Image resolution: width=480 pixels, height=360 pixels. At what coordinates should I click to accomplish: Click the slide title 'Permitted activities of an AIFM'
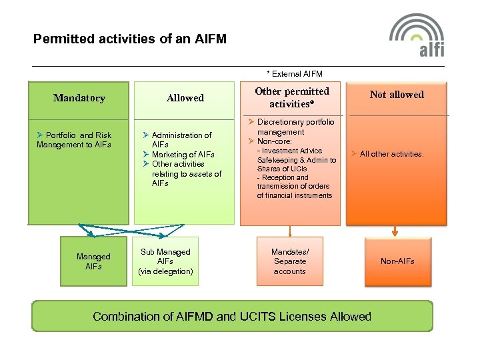[130, 39]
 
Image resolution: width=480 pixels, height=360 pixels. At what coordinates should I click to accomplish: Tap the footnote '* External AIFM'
[294, 73]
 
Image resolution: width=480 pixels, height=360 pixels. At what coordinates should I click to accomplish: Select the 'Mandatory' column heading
[79, 98]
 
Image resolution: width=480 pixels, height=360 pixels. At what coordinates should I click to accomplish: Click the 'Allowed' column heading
[185, 98]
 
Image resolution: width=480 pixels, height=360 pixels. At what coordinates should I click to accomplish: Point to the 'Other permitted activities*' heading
[292, 97]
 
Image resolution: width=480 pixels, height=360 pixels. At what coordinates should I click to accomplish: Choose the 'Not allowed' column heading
[397, 95]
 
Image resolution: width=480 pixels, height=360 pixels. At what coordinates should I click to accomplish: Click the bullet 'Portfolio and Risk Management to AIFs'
[74, 140]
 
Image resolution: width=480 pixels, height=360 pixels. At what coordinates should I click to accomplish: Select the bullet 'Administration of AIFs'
[181, 139]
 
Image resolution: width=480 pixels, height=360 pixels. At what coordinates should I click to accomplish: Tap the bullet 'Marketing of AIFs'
[183, 155]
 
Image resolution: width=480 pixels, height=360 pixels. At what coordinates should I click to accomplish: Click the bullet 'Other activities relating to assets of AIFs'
[186, 173]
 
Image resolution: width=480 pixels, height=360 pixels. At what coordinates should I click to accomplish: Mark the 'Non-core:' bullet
[274, 141]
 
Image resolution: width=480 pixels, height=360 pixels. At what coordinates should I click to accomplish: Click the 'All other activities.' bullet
[391, 154]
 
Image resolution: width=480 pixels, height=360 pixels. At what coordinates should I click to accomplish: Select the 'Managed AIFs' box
[93, 261]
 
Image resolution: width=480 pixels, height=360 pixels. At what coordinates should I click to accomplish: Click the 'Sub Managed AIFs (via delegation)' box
[165, 261]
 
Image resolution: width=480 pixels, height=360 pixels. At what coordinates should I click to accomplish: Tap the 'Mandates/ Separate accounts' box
[289, 261]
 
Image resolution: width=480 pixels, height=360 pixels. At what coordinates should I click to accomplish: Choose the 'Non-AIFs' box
[397, 261]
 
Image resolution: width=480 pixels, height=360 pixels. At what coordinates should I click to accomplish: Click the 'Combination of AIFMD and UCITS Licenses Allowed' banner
[232, 316]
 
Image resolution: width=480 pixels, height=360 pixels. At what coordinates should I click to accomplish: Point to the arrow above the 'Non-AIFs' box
[395, 231]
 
